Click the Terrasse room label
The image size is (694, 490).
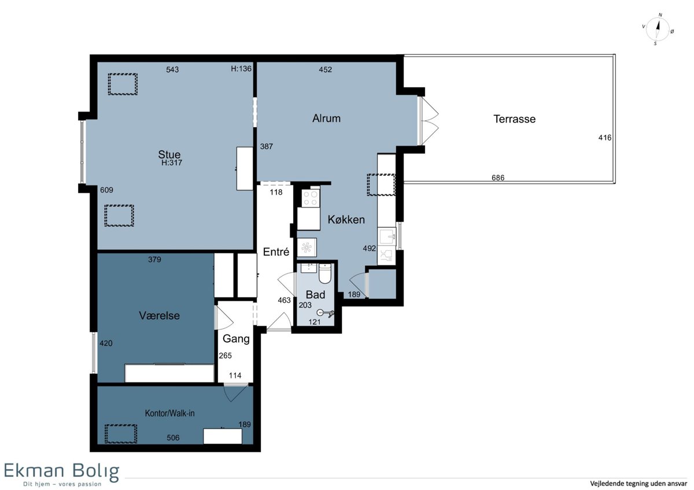(x=514, y=119)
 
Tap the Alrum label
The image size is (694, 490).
(x=326, y=118)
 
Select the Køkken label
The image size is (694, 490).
(x=346, y=220)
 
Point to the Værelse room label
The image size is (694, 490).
(x=159, y=315)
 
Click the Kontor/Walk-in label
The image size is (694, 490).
(x=170, y=413)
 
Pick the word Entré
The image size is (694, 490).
(x=276, y=252)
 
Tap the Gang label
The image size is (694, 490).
(x=236, y=339)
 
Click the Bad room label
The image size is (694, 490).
(x=315, y=295)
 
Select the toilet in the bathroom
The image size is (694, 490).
(x=324, y=274)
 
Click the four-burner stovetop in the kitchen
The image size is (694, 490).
(x=311, y=198)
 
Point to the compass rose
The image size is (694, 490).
(x=658, y=29)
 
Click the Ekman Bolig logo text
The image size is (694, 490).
(x=61, y=470)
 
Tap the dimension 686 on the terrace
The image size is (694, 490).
(x=498, y=177)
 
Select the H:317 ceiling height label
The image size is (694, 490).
(x=172, y=162)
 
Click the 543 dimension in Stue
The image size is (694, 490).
(x=172, y=69)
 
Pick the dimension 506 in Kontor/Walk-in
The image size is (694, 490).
(x=173, y=437)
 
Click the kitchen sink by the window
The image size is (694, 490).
(x=387, y=237)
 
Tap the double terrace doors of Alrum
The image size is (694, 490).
(x=428, y=121)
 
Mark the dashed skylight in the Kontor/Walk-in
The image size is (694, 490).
(x=120, y=434)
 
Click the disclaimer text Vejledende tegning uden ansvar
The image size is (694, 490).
(x=638, y=484)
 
